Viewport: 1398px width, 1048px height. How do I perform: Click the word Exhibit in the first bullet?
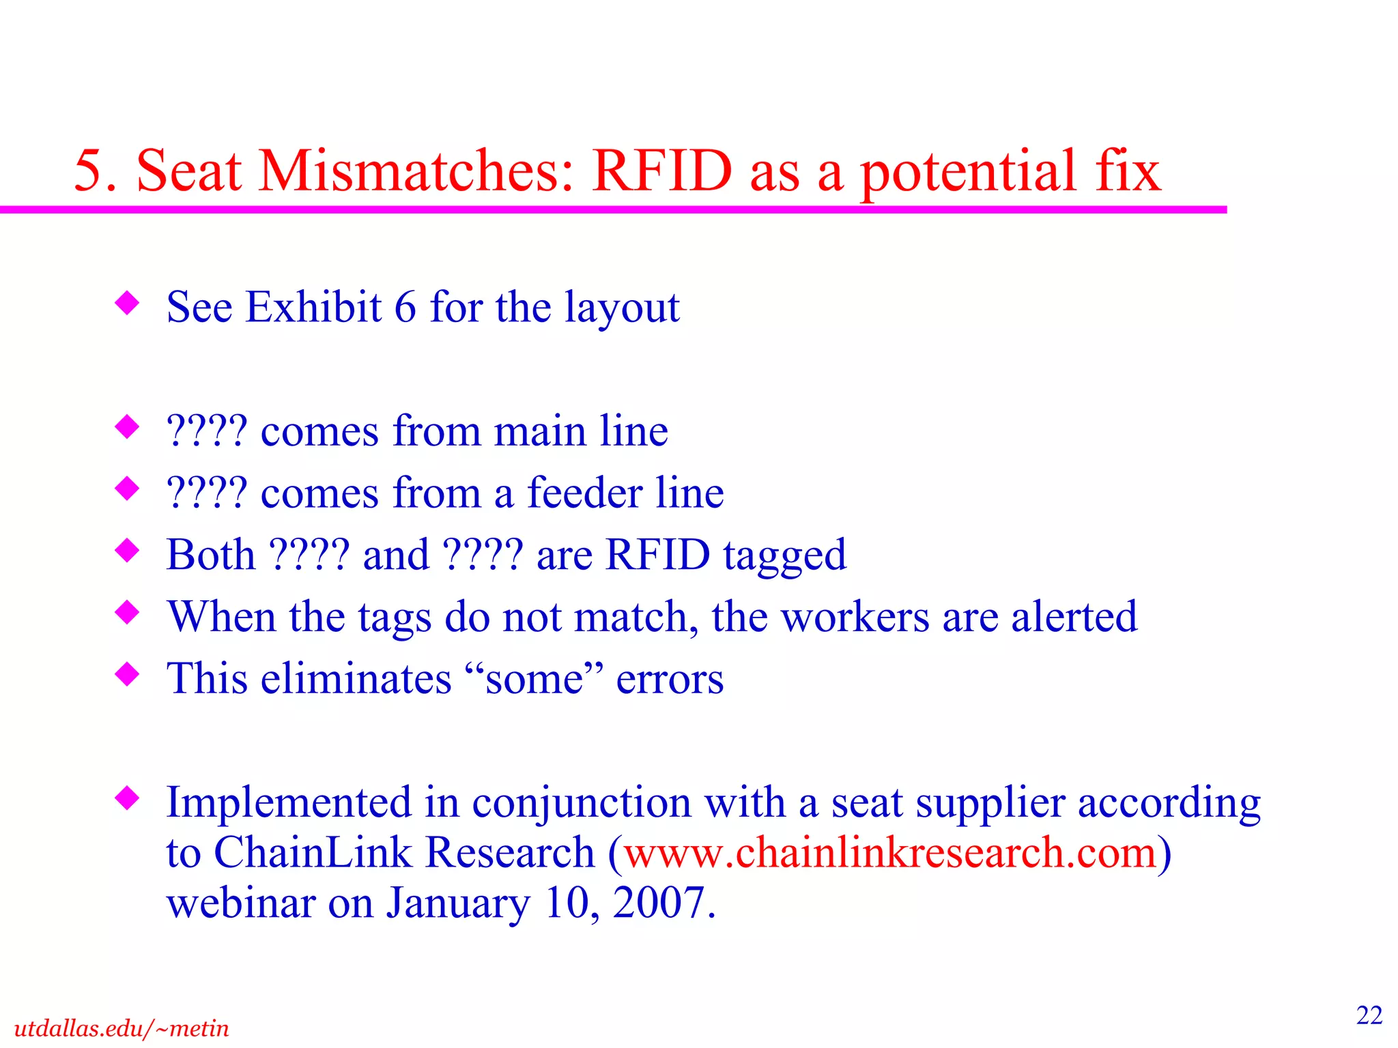313,307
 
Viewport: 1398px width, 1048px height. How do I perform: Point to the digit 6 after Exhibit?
405,307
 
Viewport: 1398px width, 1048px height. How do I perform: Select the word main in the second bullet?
540,431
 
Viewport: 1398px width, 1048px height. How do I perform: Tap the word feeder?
585,493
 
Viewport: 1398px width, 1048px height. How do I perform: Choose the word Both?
210,554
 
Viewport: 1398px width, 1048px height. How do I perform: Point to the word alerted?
1074,617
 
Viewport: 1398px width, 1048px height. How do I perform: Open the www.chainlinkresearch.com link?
890,853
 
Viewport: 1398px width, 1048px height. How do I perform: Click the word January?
458,904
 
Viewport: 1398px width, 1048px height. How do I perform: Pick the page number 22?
1369,1015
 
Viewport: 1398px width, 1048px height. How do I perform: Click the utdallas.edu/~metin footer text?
122,1028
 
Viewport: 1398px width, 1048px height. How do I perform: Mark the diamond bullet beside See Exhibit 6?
128,303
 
